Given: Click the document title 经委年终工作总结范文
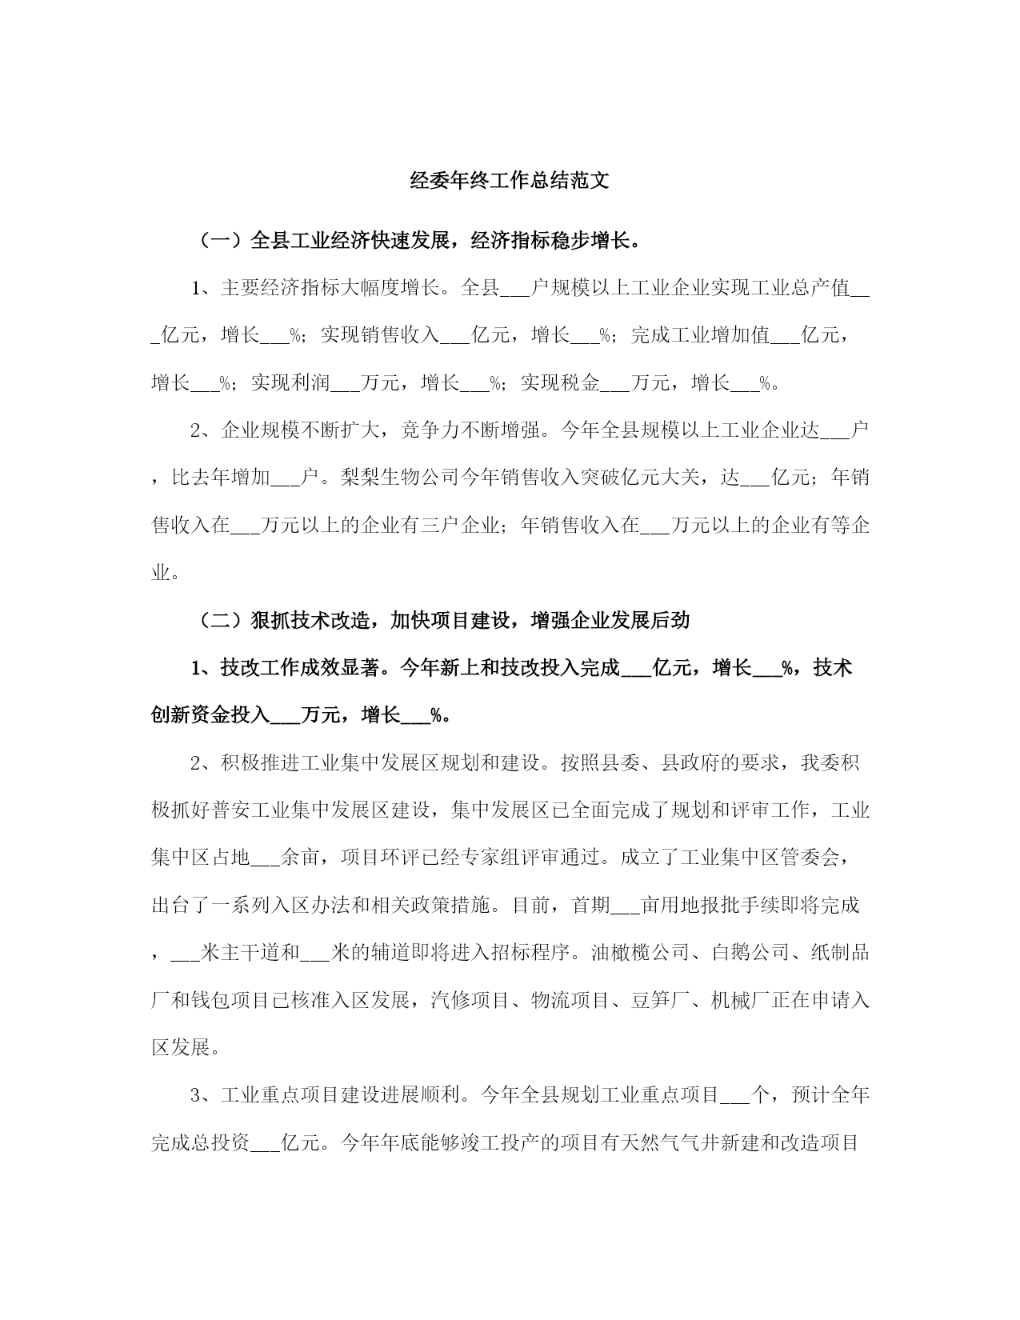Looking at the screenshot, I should (510, 181).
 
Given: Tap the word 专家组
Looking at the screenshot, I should (490, 858).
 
